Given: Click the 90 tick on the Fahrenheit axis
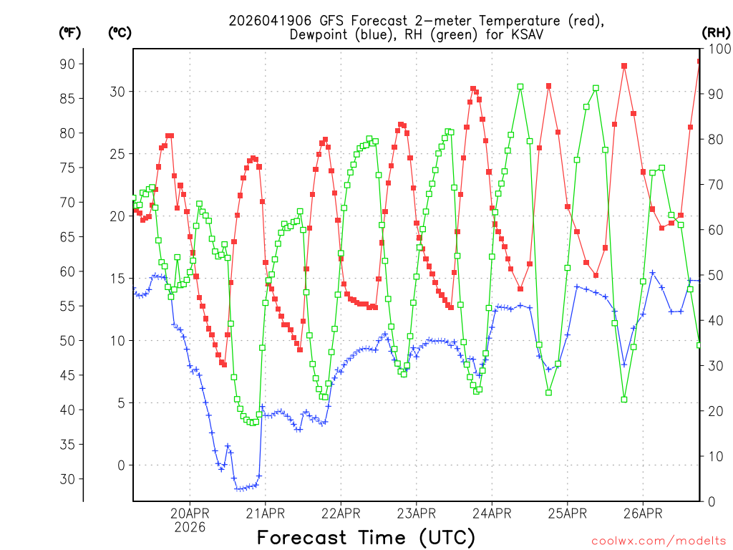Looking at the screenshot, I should click(67, 64).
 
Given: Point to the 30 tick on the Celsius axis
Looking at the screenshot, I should click(118, 92).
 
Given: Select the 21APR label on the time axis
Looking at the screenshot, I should click(266, 513).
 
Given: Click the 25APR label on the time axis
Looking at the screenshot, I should click(568, 513).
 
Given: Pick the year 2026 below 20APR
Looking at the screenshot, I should click(190, 527).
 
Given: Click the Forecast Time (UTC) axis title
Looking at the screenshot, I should click(366, 537).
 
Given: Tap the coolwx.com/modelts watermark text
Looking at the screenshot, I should click(659, 541).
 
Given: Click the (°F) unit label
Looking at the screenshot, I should click(69, 32).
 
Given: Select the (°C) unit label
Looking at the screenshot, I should click(120, 32).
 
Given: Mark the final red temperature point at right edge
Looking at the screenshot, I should click(699, 62).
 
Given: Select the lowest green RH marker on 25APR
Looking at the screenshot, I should click(549, 392).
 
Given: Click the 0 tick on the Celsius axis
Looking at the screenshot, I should click(121, 465).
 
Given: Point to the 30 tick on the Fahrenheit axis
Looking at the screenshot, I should click(67, 479).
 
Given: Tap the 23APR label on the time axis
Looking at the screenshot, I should click(417, 513).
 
